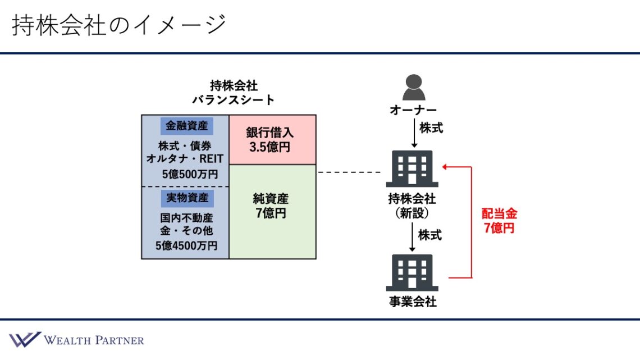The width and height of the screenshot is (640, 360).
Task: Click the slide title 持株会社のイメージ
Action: coord(119,26)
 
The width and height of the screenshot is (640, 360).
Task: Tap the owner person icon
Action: coord(414,87)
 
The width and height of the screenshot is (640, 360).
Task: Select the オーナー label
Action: coord(414,110)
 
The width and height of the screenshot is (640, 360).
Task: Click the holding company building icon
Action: coord(412,168)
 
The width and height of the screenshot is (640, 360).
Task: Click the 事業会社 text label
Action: coord(413,302)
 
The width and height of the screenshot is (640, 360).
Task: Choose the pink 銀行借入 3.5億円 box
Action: coord(272,140)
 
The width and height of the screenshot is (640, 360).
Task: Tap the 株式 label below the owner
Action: coord(431,129)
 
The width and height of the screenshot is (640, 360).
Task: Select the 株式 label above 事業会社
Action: coord(430,235)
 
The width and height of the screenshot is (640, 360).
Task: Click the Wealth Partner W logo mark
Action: coord(24,339)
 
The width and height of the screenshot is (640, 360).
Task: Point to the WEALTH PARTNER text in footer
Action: coord(94,340)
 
